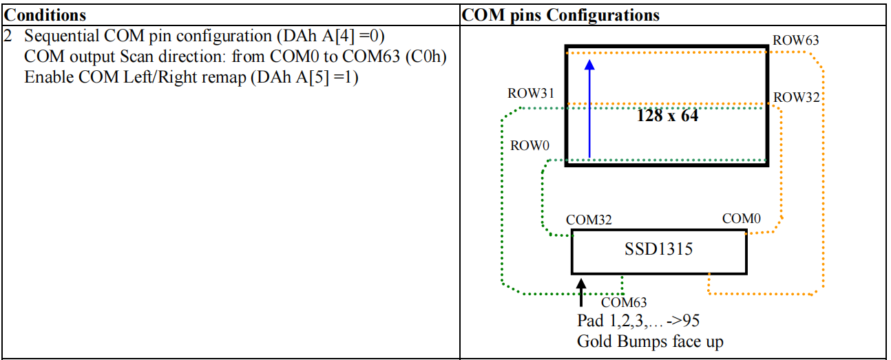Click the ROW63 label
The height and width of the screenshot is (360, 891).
coord(795,40)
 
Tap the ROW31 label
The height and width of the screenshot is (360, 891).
coord(531,94)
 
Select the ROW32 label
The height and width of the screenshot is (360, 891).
coord(797,98)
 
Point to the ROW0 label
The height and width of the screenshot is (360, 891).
coord(530,146)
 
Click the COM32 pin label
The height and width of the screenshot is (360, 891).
coord(589,220)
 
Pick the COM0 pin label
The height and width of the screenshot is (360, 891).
coord(742,219)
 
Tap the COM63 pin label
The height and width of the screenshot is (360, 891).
coord(624,303)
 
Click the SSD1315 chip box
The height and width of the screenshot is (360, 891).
coord(659,252)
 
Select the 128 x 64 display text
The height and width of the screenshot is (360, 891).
coord(667,116)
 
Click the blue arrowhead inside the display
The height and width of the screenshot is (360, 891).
coord(589,65)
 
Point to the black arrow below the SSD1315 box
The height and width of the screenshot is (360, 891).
coord(581,293)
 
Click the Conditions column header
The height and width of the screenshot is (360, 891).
coord(45,15)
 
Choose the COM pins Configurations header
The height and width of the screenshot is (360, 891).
coord(560,15)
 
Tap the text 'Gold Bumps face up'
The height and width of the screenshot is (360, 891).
coord(650,341)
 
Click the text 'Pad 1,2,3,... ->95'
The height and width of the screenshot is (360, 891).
coord(638,321)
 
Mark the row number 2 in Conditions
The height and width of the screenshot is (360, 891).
coord(8,36)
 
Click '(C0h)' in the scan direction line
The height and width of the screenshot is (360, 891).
coord(426,57)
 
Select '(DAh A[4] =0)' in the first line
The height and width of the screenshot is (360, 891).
coord(331,36)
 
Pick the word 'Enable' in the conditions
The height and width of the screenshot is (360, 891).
coord(49,77)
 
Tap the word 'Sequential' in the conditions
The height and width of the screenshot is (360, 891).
coord(61,36)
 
